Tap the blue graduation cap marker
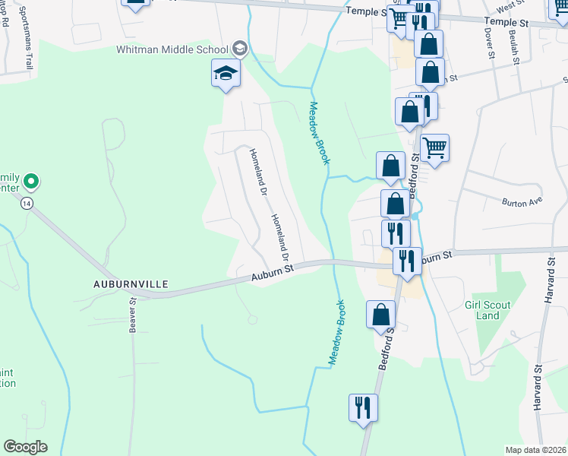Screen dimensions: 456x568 pos(225,74)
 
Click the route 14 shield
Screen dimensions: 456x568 pos(27,203)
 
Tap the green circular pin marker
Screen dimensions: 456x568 pos(31,182)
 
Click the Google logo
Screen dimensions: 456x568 pos(25,447)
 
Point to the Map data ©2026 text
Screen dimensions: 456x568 pos(535,450)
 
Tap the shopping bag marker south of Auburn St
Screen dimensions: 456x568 pos(380,314)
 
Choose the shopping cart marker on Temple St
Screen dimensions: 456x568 pos(399,18)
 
